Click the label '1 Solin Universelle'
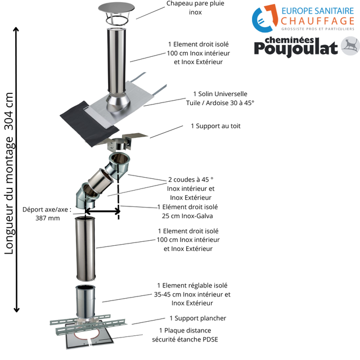point(220,93)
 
